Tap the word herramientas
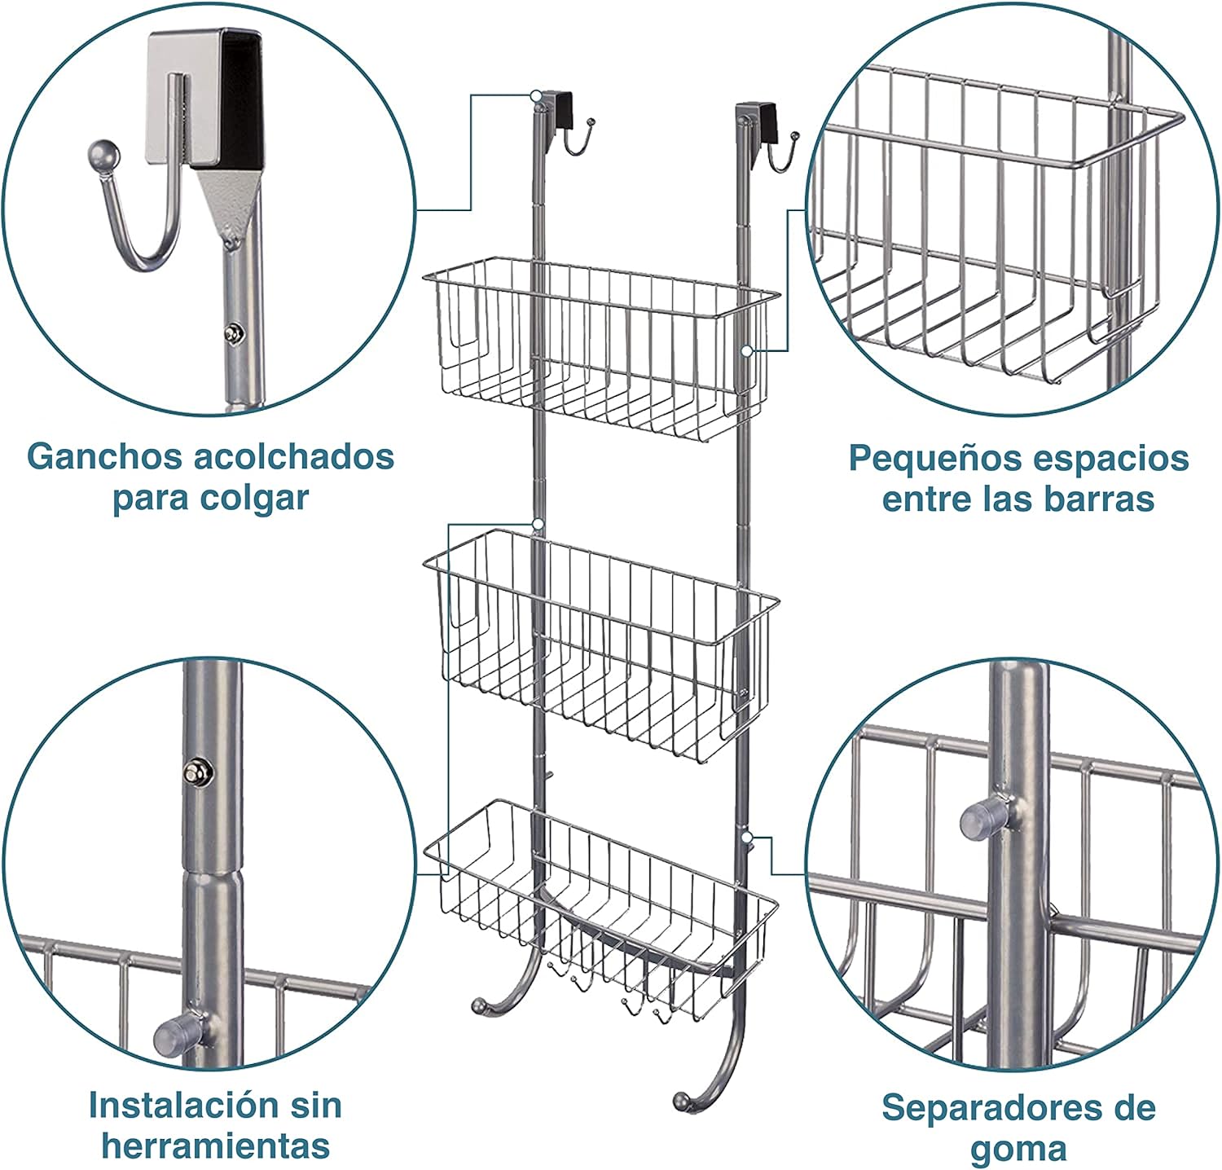(x=215, y=1146)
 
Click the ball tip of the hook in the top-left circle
(x=99, y=154)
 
